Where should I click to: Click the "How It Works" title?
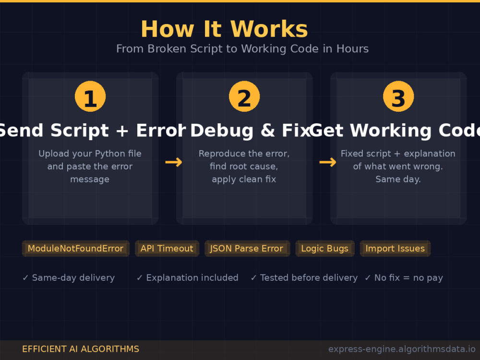pyautogui.click(x=224, y=29)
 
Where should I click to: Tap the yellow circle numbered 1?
pyautogui.click(x=90, y=96)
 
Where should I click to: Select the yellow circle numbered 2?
pyautogui.click(x=244, y=96)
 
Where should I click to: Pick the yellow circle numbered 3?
pyautogui.click(x=398, y=96)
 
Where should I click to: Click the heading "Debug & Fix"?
pyautogui.click(x=250, y=131)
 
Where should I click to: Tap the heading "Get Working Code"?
pyautogui.click(x=395, y=131)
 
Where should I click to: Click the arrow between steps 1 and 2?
pyautogui.click(x=174, y=162)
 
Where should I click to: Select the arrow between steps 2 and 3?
pyautogui.click(x=327, y=162)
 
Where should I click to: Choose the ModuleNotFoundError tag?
pyautogui.click(x=76, y=248)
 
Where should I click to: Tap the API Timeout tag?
pyautogui.click(x=167, y=248)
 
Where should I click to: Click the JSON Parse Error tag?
pyautogui.click(x=247, y=248)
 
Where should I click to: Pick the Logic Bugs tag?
pyautogui.click(x=325, y=248)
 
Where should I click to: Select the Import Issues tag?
pyautogui.click(x=395, y=248)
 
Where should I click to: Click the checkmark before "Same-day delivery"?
pyautogui.click(x=25, y=277)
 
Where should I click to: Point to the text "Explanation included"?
pyautogui.click(x=192, y=277)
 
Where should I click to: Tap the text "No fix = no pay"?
pyautogui.click(x=408, y=278)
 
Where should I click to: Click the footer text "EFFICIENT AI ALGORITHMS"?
pyautogui.click(x=81, y=349)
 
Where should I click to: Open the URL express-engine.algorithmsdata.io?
pyautogui.click(x=402, y=349)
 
